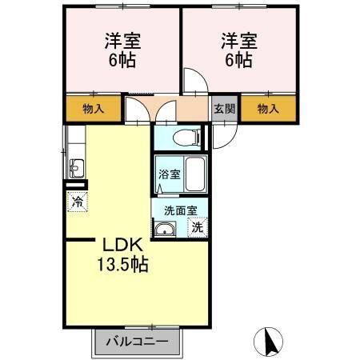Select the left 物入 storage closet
tap(93, 109)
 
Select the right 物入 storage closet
tap(269, 109)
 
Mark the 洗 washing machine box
tap(198, 227)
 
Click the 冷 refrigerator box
tap(77, 202)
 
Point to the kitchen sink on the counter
tap(76, 168)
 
